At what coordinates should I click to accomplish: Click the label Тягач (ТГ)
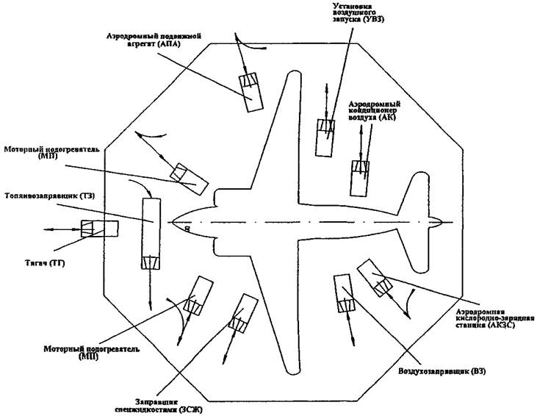(35, 262)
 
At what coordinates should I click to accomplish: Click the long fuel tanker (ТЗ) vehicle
(151, 232)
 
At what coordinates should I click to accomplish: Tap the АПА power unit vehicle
(251, 88)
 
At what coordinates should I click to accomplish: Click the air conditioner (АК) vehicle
(360, 177)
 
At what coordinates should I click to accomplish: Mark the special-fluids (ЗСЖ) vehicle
(241, 314)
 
